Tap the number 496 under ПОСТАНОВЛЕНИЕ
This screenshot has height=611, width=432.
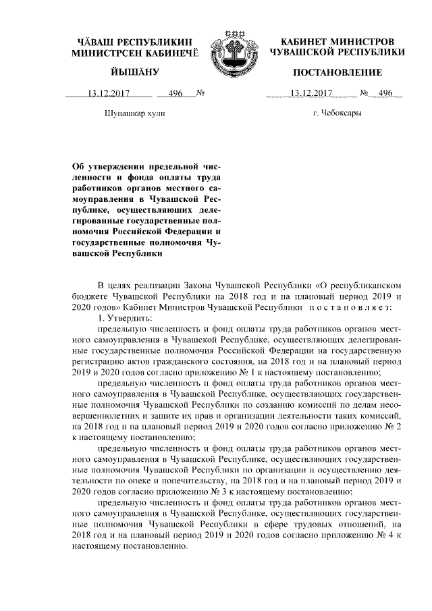[385, 93]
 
